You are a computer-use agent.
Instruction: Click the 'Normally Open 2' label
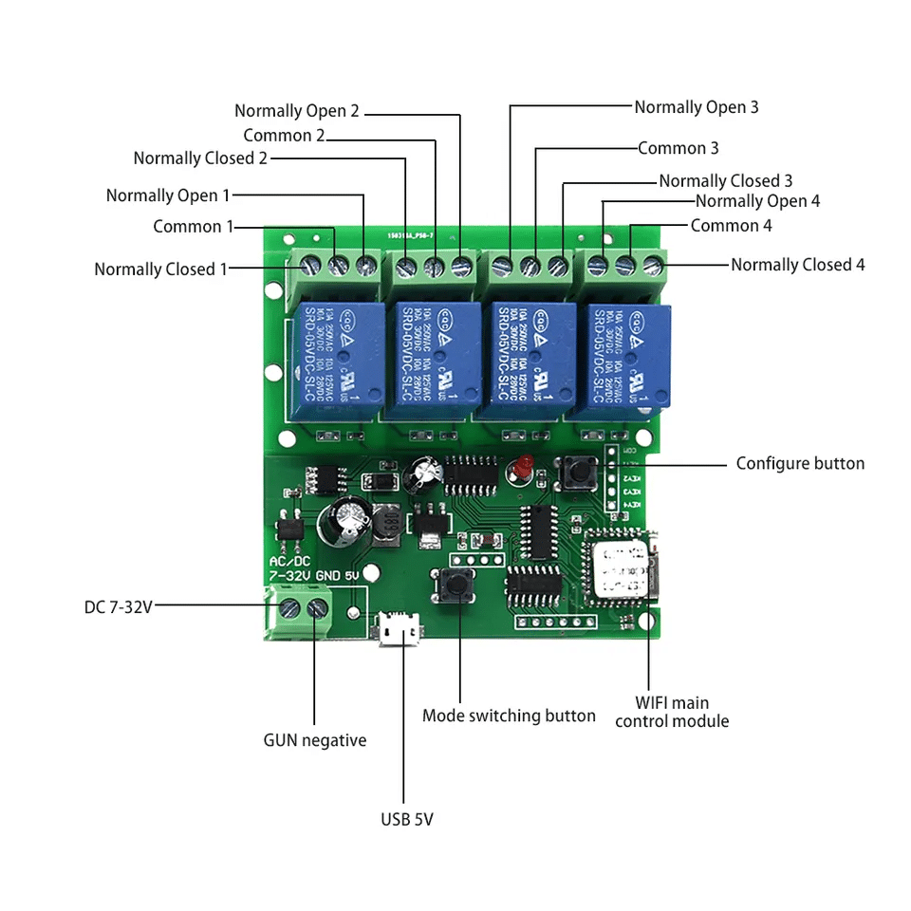(x=297, y=111)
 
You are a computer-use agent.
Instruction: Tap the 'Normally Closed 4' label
(x=797, y=265)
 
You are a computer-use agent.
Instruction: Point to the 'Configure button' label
(x=800, y=463)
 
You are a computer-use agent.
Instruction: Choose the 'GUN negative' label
(x=314, y=740)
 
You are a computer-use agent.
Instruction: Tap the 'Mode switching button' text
(x=509, y=716)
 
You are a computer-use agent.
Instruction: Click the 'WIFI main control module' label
(x=672, y=712)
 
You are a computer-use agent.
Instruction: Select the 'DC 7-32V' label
(x=118, y=606)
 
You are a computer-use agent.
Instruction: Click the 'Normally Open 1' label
(x=167, y=195)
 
